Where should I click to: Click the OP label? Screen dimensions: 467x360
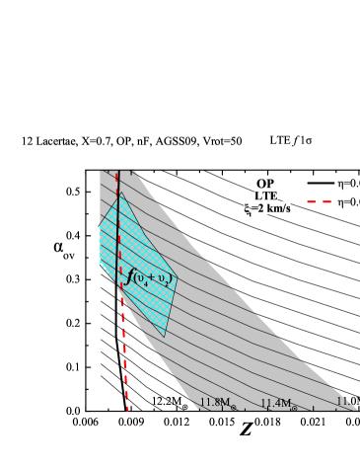point(263,184)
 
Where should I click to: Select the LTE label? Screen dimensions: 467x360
point(264,195)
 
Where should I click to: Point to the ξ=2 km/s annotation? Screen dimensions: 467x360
point(267,208)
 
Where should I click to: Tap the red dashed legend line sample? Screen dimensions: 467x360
point(319,201)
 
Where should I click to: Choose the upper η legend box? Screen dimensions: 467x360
point(348,183)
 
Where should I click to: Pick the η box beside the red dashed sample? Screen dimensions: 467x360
point(348,201)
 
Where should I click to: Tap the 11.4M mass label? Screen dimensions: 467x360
point(278,403)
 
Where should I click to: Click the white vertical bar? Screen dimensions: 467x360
point(96,283)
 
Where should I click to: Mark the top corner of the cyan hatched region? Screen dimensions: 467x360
point(121,194)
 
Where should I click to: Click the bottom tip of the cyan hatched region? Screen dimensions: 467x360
point(165,337)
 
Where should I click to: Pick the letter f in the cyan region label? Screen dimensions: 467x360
point(130,276)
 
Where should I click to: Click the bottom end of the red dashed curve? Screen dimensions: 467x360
point(127,407)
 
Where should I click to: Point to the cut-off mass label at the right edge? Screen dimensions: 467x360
point(347,402)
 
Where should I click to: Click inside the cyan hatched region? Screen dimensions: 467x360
point(138,247)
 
